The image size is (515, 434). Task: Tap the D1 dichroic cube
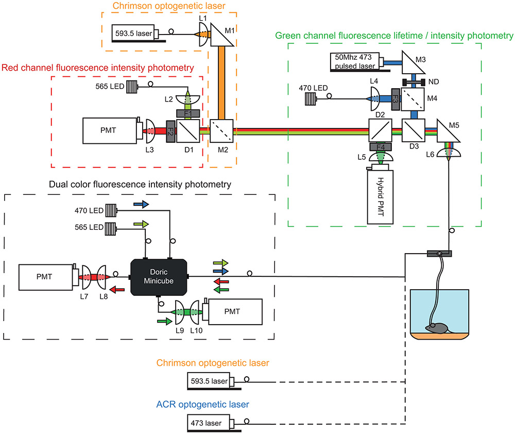(187, 131)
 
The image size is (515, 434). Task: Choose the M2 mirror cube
(222, 131)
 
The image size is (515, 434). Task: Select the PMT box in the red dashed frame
(109, 130)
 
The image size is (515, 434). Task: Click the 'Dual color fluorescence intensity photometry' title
(140, 184)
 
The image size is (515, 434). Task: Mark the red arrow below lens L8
(117, 290)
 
